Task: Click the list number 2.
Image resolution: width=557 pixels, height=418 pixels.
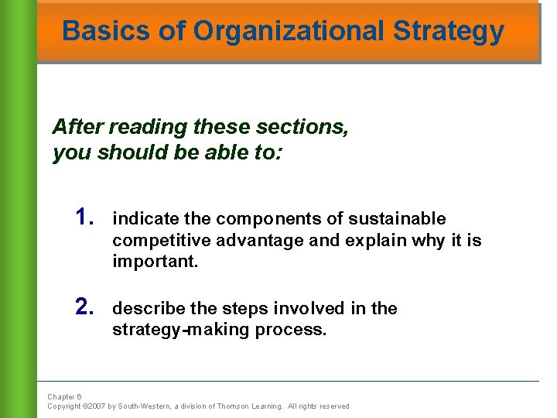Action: coord(85,307)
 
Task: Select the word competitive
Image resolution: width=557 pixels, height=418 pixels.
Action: coord(159,241)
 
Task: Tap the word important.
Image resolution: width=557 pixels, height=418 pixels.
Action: coord(155,262)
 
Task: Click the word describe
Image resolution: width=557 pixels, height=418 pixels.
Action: coord(149,309)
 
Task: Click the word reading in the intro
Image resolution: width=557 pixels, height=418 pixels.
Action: coord(142,127)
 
